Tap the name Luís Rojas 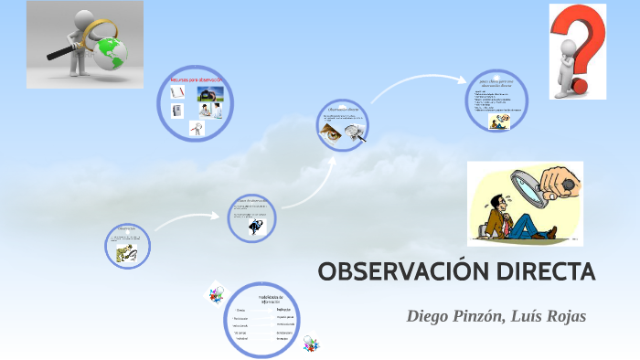[x=546, y=316]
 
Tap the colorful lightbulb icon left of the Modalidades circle [x=217, y=295]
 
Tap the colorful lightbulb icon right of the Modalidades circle [x=311, y=343]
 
